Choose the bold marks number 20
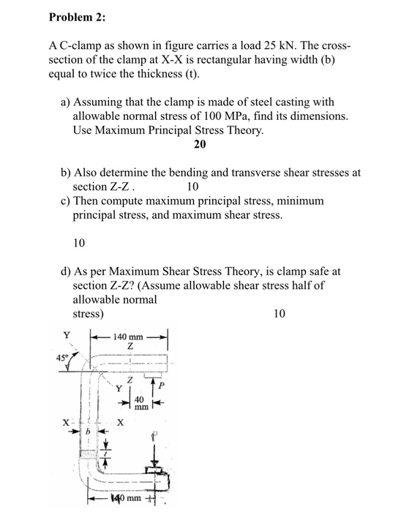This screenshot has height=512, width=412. pos(200,144)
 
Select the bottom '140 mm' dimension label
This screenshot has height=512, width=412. pos(124,500)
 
